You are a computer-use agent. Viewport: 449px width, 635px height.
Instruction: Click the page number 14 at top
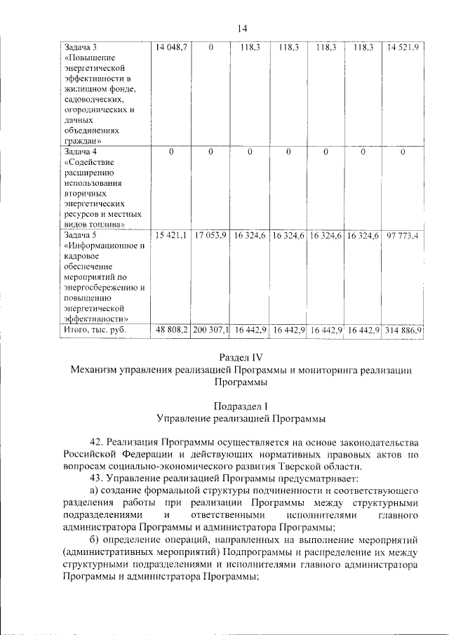pos(242,28)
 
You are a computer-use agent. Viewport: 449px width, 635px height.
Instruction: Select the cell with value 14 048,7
pos(171,47)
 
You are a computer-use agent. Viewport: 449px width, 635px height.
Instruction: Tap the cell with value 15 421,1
pos(171,235)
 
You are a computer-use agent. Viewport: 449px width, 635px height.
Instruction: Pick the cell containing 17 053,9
pos(210,235)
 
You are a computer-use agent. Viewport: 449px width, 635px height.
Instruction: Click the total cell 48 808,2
pos(172,329)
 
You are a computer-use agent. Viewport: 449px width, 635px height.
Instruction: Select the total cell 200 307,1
pos(210,329)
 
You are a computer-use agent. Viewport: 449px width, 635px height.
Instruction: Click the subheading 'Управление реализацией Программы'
pos(241,419)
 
